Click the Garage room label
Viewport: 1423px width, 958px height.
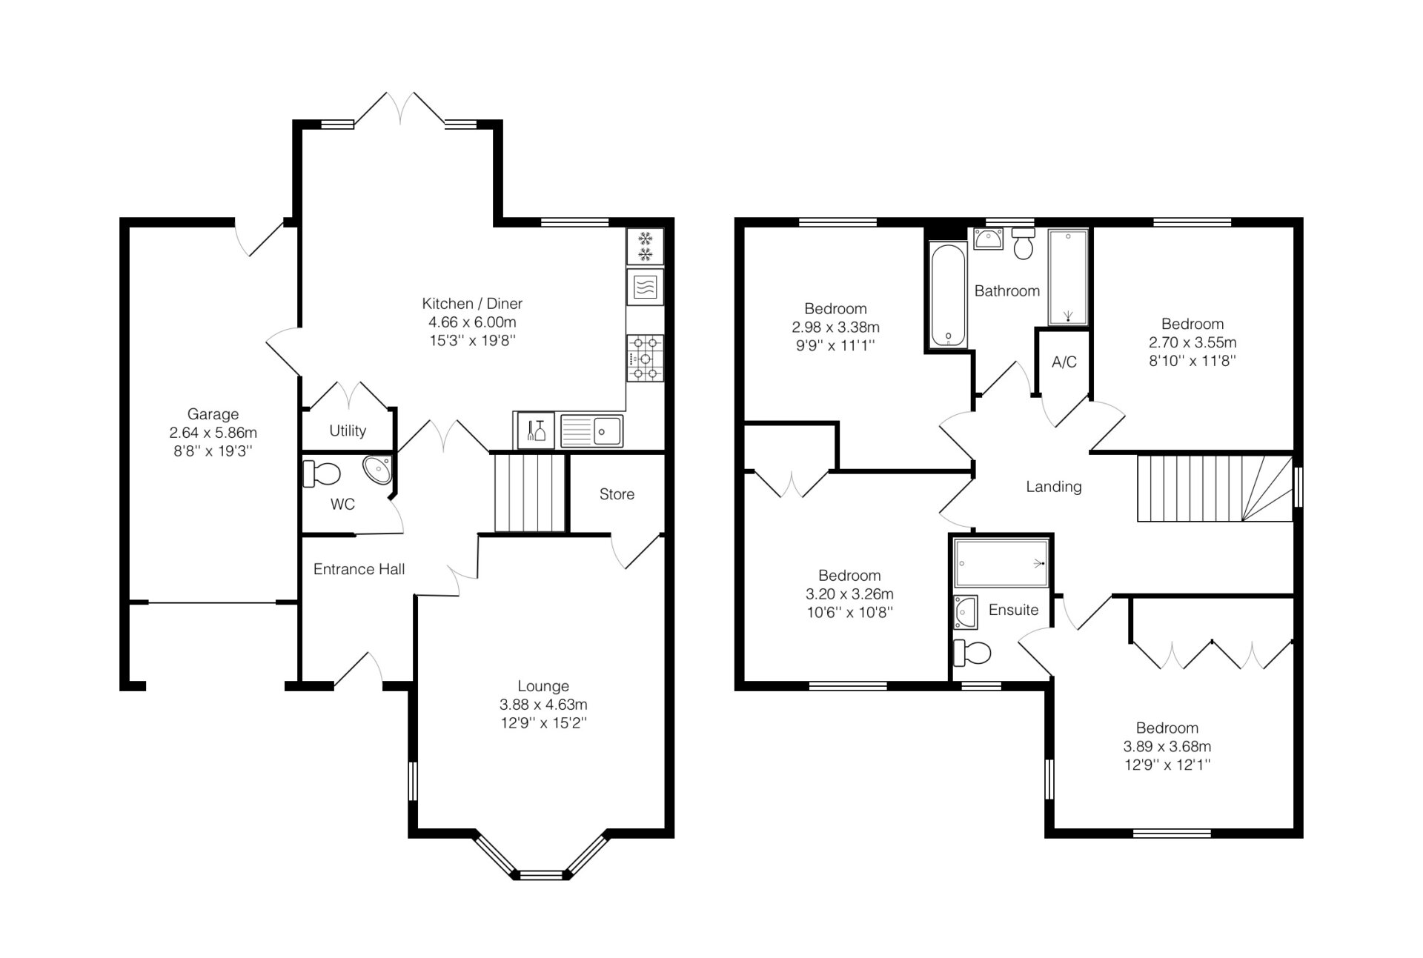tap(213, 414)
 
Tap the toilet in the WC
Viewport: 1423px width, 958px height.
tap(322, 473)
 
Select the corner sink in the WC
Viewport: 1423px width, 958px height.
tap(378, 470)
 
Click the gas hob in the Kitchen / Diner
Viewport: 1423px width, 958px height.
tap(645, 359)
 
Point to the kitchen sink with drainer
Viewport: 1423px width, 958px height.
tap(591, 431)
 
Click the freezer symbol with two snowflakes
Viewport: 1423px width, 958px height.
tap(645, 247)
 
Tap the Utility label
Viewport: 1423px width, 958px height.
tap(348, 430)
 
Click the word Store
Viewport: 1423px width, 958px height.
tap(617, 494)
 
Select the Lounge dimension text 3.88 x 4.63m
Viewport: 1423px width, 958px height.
tap(543, 705)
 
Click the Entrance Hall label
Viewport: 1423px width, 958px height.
tap(359, 569)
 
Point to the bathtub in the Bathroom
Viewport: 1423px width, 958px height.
tap(948, 296)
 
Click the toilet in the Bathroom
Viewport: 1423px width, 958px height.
tap(1024, 243)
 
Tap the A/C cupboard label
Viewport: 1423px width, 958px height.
tap(1064, 362)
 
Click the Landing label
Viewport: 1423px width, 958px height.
tap(1053, 487)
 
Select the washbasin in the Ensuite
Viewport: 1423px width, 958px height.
tap(966, 611)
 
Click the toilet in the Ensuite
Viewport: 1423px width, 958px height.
tap(972, 653)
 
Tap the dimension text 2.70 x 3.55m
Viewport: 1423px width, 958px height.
tap(1193, 342)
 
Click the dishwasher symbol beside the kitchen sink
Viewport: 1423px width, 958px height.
tap(535, 430)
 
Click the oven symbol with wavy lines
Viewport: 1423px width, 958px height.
tap(645, 287)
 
